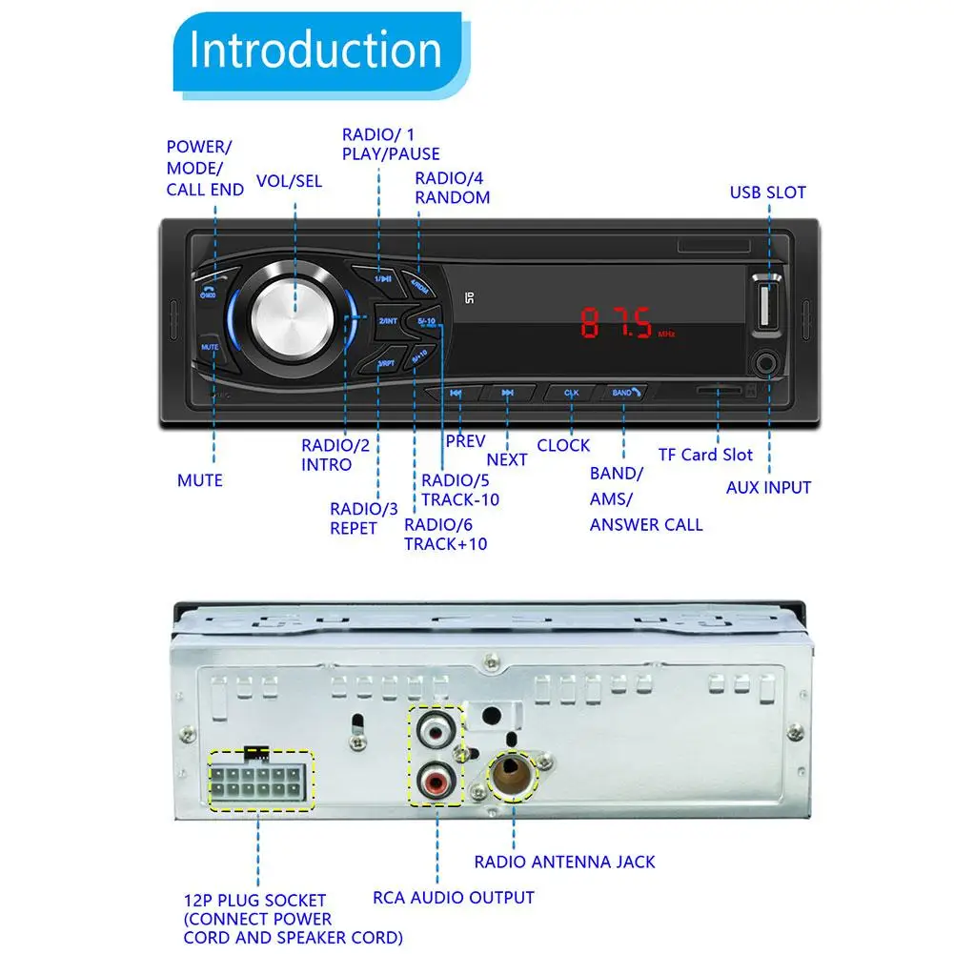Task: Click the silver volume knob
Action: (x=290, y=315)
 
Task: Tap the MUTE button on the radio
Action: (x=211, y=348)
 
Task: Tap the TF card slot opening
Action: (x=720, y=390)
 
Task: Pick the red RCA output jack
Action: (x=436, y=784)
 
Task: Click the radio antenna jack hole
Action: (x=514, y=774)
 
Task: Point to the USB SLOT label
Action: (x=767, y=193)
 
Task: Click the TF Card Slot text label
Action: (x=705, y=455)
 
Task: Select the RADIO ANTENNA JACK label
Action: (x=565, y=862)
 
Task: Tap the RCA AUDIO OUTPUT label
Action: (x=454, y=897)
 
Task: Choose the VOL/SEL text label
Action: (x=290, y=181)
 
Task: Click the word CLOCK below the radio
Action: (x=563, y=445)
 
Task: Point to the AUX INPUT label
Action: (x=768, y=487)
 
